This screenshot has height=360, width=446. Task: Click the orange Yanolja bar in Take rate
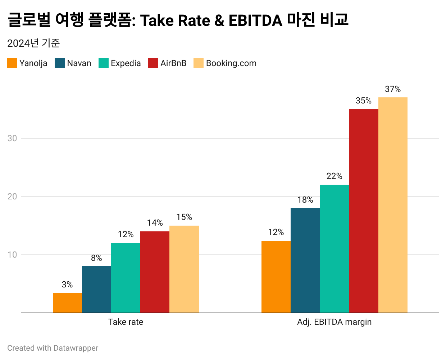[67, 303]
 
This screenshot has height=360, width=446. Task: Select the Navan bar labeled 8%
[96, 289]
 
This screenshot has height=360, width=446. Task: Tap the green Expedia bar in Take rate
[126, 278]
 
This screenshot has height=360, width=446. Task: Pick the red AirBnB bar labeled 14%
[155, 272]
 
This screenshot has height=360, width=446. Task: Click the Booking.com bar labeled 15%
[184, 269]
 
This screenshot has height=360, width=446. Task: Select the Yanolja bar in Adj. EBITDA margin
[276, 277]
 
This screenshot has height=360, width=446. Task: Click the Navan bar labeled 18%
[305, 260]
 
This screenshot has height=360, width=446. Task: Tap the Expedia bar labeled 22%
[334, 249]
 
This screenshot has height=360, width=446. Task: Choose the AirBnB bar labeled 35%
[363, 211]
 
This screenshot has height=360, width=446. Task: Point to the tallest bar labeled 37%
[393, 205]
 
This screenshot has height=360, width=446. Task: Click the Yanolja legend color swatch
[12, 63]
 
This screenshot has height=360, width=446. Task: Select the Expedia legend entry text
[126, 63]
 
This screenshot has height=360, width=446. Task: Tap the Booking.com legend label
[231, 63]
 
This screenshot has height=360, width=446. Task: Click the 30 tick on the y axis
[12, 138]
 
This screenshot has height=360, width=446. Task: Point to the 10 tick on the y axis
[12, 255]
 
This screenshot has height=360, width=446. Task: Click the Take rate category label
[126, 322]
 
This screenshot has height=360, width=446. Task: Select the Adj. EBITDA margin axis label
[334, 322]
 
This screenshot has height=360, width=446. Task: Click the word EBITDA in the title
[255, 20]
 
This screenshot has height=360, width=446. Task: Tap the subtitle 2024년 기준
[33, 43]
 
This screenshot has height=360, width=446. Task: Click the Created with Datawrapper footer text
[53, 348]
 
